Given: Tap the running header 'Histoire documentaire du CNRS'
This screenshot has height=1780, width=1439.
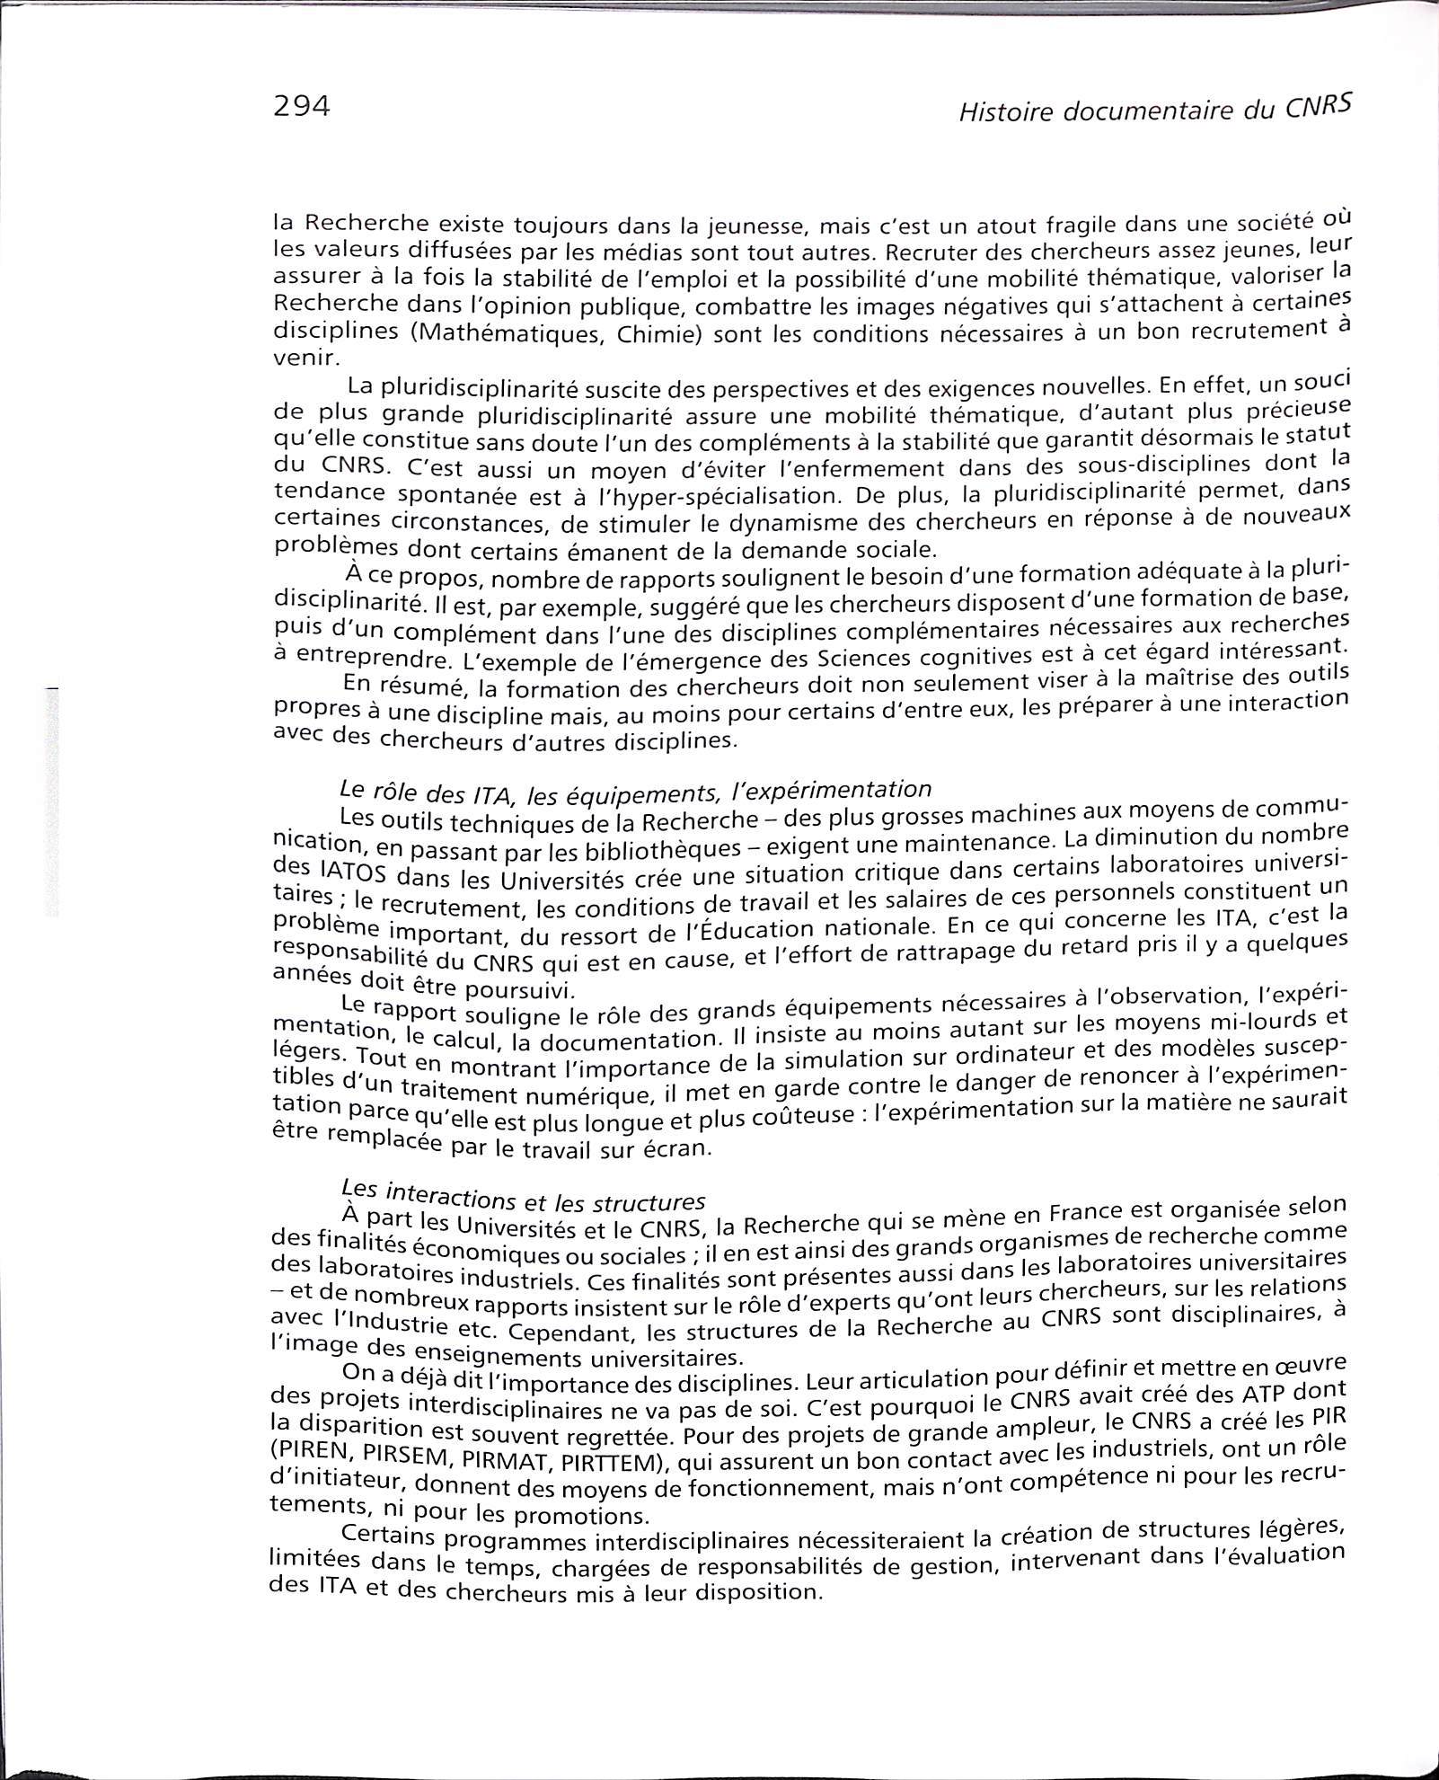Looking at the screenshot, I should coord(1154,109).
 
